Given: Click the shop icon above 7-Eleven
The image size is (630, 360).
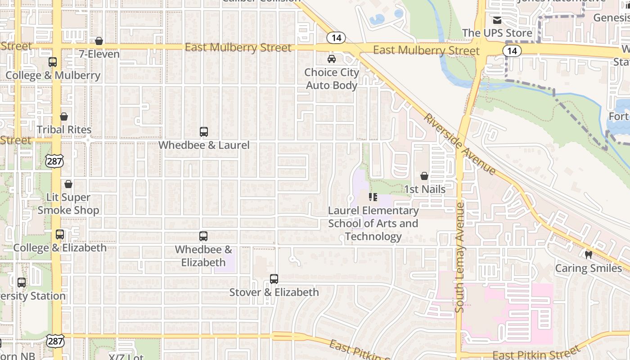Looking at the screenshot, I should (99, 41).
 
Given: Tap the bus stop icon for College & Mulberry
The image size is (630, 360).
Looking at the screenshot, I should (53, 62).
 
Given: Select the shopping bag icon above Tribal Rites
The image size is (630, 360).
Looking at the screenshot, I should (64, 117).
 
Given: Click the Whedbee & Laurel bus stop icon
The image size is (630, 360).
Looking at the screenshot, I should (204, 132).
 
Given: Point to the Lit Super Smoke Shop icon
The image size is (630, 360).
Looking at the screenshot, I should (68, 184).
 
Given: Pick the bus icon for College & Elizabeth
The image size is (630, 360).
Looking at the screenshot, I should (60, 234).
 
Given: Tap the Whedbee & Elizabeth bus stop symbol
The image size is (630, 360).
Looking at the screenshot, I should (203, 236).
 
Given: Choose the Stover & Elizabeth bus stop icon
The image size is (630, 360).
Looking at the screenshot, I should (274, 279).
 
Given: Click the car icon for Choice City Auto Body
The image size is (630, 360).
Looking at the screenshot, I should (332, 59).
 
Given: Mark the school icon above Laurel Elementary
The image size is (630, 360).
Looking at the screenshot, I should (373, 197).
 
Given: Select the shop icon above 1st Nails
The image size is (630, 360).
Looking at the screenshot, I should (424, 176).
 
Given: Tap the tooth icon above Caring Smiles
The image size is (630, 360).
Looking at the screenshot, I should (588, 255).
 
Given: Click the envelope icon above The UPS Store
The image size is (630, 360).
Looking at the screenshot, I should (497, 20).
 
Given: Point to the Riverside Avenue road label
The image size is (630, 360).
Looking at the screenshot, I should (459, 144).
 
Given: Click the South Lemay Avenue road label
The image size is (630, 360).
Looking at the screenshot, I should (459, 257).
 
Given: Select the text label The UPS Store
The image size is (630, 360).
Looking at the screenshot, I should (497, 33).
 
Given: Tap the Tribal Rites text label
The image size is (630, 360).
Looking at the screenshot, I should (64, 130).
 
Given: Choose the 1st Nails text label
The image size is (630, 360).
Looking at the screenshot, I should (425, 189).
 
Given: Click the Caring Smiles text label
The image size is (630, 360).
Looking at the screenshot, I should (588, 269).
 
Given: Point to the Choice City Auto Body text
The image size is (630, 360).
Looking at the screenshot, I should (332, 79).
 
